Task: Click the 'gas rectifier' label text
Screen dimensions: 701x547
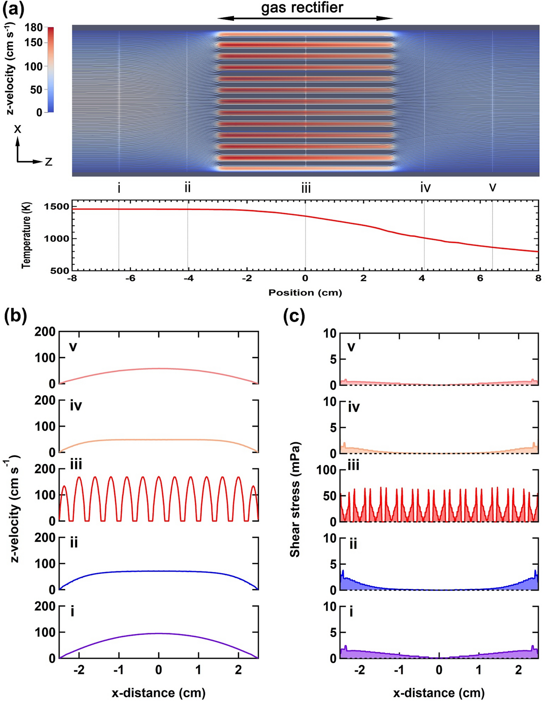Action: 302,7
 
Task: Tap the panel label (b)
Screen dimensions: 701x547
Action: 15,316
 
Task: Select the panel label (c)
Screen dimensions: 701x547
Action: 294,316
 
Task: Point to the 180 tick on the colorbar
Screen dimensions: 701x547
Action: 34,28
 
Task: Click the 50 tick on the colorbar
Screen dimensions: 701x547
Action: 36,90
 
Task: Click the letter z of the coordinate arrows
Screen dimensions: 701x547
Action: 49,162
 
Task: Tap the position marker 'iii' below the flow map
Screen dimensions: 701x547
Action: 306,188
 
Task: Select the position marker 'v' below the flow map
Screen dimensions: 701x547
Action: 493,187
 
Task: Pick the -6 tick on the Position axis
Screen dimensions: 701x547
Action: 130,278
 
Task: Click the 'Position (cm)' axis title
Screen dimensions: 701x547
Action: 305,292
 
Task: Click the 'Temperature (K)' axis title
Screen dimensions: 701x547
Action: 26,235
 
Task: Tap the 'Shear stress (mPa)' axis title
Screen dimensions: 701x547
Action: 295,499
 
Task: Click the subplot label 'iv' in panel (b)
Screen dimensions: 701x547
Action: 76,406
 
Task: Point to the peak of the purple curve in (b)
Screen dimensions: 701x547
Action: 158,633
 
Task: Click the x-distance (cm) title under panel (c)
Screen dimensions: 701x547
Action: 439,693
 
